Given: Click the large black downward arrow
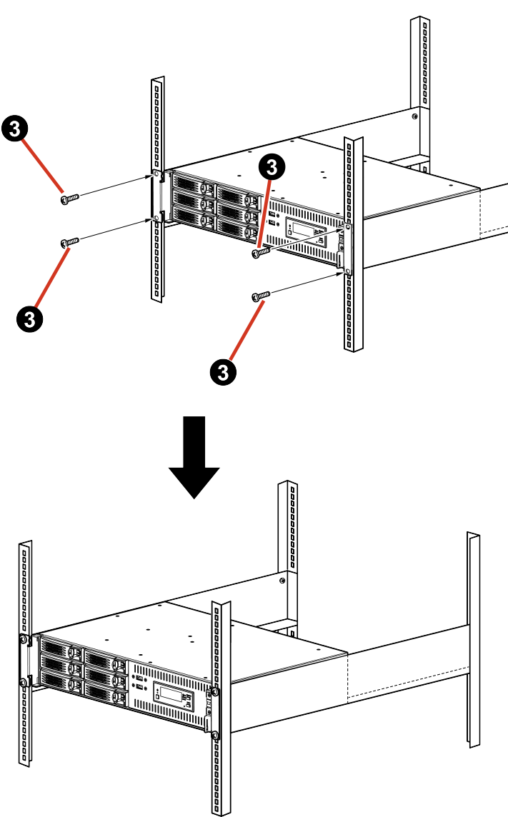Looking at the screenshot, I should pyautogui.click(x=194, y=457).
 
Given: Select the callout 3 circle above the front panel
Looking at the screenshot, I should pyautogui.click(x=272, y=166).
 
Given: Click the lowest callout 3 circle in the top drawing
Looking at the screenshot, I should pyautogui.click(x=223, y=371).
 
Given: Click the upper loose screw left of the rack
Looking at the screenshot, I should pyautogui.click(x=69, y=199).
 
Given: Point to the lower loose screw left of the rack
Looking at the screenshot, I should pyautogui.click(x=70, y=243).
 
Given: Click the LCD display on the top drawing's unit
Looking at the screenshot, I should pyautogui.click(x=299, y=229).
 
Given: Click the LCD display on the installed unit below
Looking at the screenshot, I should pyautogui.click(x=166, y=692).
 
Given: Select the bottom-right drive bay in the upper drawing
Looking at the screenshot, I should pyautogui.click(x=237, y=227).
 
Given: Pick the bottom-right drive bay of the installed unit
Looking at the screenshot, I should pyautogui.click(x=104, y=689).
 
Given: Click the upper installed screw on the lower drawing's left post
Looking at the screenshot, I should pyautogui.click(x=24, y=639).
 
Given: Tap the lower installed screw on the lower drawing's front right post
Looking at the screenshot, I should pyautogui.click(x=215, y=735).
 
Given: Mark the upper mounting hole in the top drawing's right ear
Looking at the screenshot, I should pyautogui.click(x=347, y=228).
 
